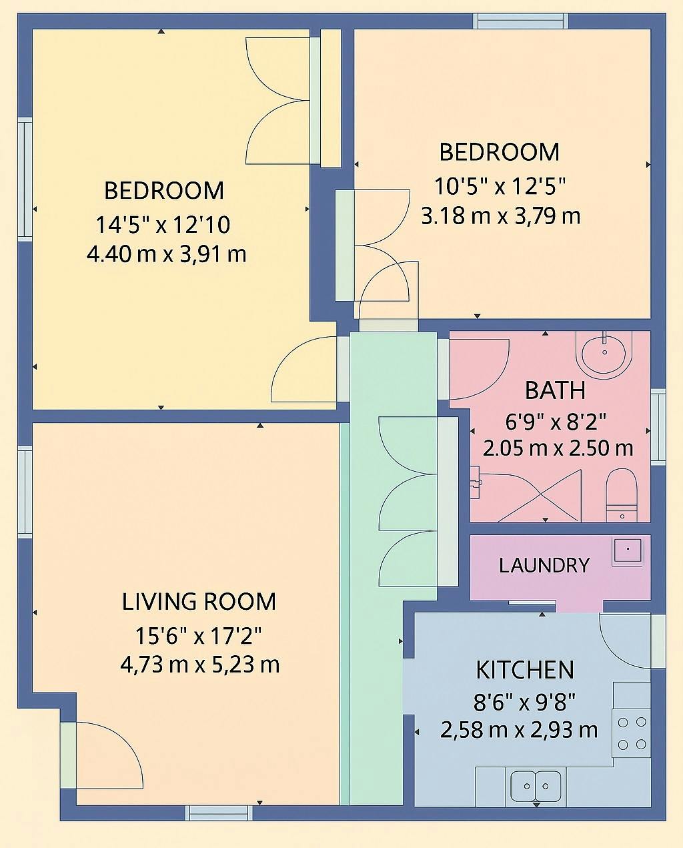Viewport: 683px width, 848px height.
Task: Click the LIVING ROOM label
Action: tap(199, 602)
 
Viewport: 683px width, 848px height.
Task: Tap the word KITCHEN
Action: tap(525, 671)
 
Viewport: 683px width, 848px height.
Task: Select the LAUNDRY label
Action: tap(544, 566)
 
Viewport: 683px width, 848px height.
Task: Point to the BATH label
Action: tap(556, 390)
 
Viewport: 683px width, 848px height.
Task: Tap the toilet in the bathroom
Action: tap(621, 495)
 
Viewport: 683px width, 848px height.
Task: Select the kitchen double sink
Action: tap(536, 786)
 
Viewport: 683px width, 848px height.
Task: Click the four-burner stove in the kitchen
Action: tap(632, 733)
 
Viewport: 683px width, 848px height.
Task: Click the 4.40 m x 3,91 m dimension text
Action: tap(167, 255)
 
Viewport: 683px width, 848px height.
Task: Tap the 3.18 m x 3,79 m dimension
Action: tap(501, 216)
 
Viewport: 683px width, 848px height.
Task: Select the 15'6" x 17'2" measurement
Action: tap(199, 636)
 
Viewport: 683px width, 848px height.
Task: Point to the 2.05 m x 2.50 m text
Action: tap(558, 448)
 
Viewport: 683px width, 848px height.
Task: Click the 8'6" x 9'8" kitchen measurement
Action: tap(524, 702)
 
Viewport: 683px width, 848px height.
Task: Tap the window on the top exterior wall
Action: tap(520, 21)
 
